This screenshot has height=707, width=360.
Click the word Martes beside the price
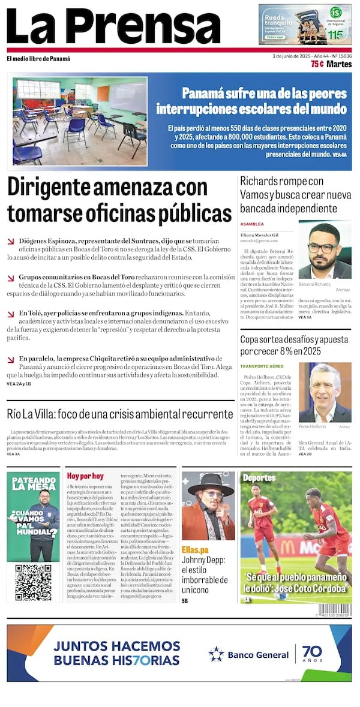(x=340, y=64)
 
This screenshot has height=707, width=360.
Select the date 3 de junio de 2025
(x=294, y=56)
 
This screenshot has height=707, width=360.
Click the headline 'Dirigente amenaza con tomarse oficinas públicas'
(x=119, y=200)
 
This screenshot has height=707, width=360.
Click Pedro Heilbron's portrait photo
(x=325, y=392)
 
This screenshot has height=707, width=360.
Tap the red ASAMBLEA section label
(x=252, y=224)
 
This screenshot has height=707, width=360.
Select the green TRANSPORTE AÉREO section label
(x=262, y=366)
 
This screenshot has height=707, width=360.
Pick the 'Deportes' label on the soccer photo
(x=259, y=478)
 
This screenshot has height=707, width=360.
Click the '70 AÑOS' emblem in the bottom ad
(x=312, y=654)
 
